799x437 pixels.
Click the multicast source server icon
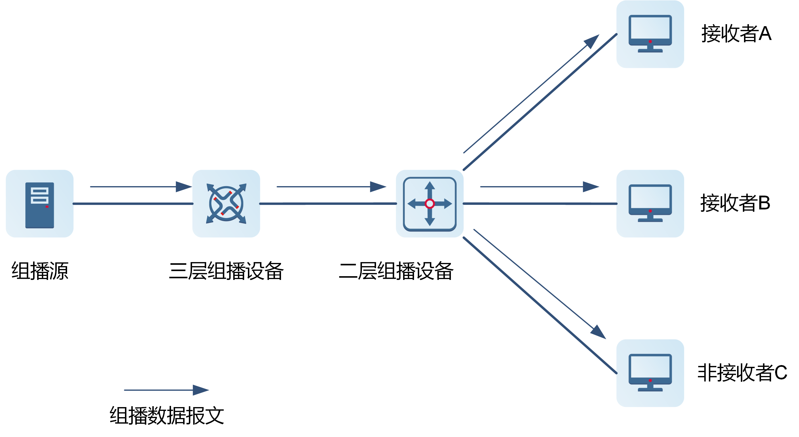(40, 204)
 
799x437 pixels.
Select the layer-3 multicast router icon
(226, 204)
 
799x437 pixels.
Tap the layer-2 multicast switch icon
(430, 204)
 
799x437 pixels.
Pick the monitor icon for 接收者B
(650, 203)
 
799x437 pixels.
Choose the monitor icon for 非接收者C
(650, 373)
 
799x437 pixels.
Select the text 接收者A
(736, 33)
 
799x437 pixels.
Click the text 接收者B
(735, 203)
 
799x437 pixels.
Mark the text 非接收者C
(742, 373)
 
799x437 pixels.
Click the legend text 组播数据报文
(167, 415)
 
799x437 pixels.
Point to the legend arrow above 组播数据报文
(166, 390)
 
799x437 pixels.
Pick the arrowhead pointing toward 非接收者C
(599, 333)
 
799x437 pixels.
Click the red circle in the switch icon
(430, 204)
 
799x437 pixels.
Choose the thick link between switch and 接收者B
(540, 204)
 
